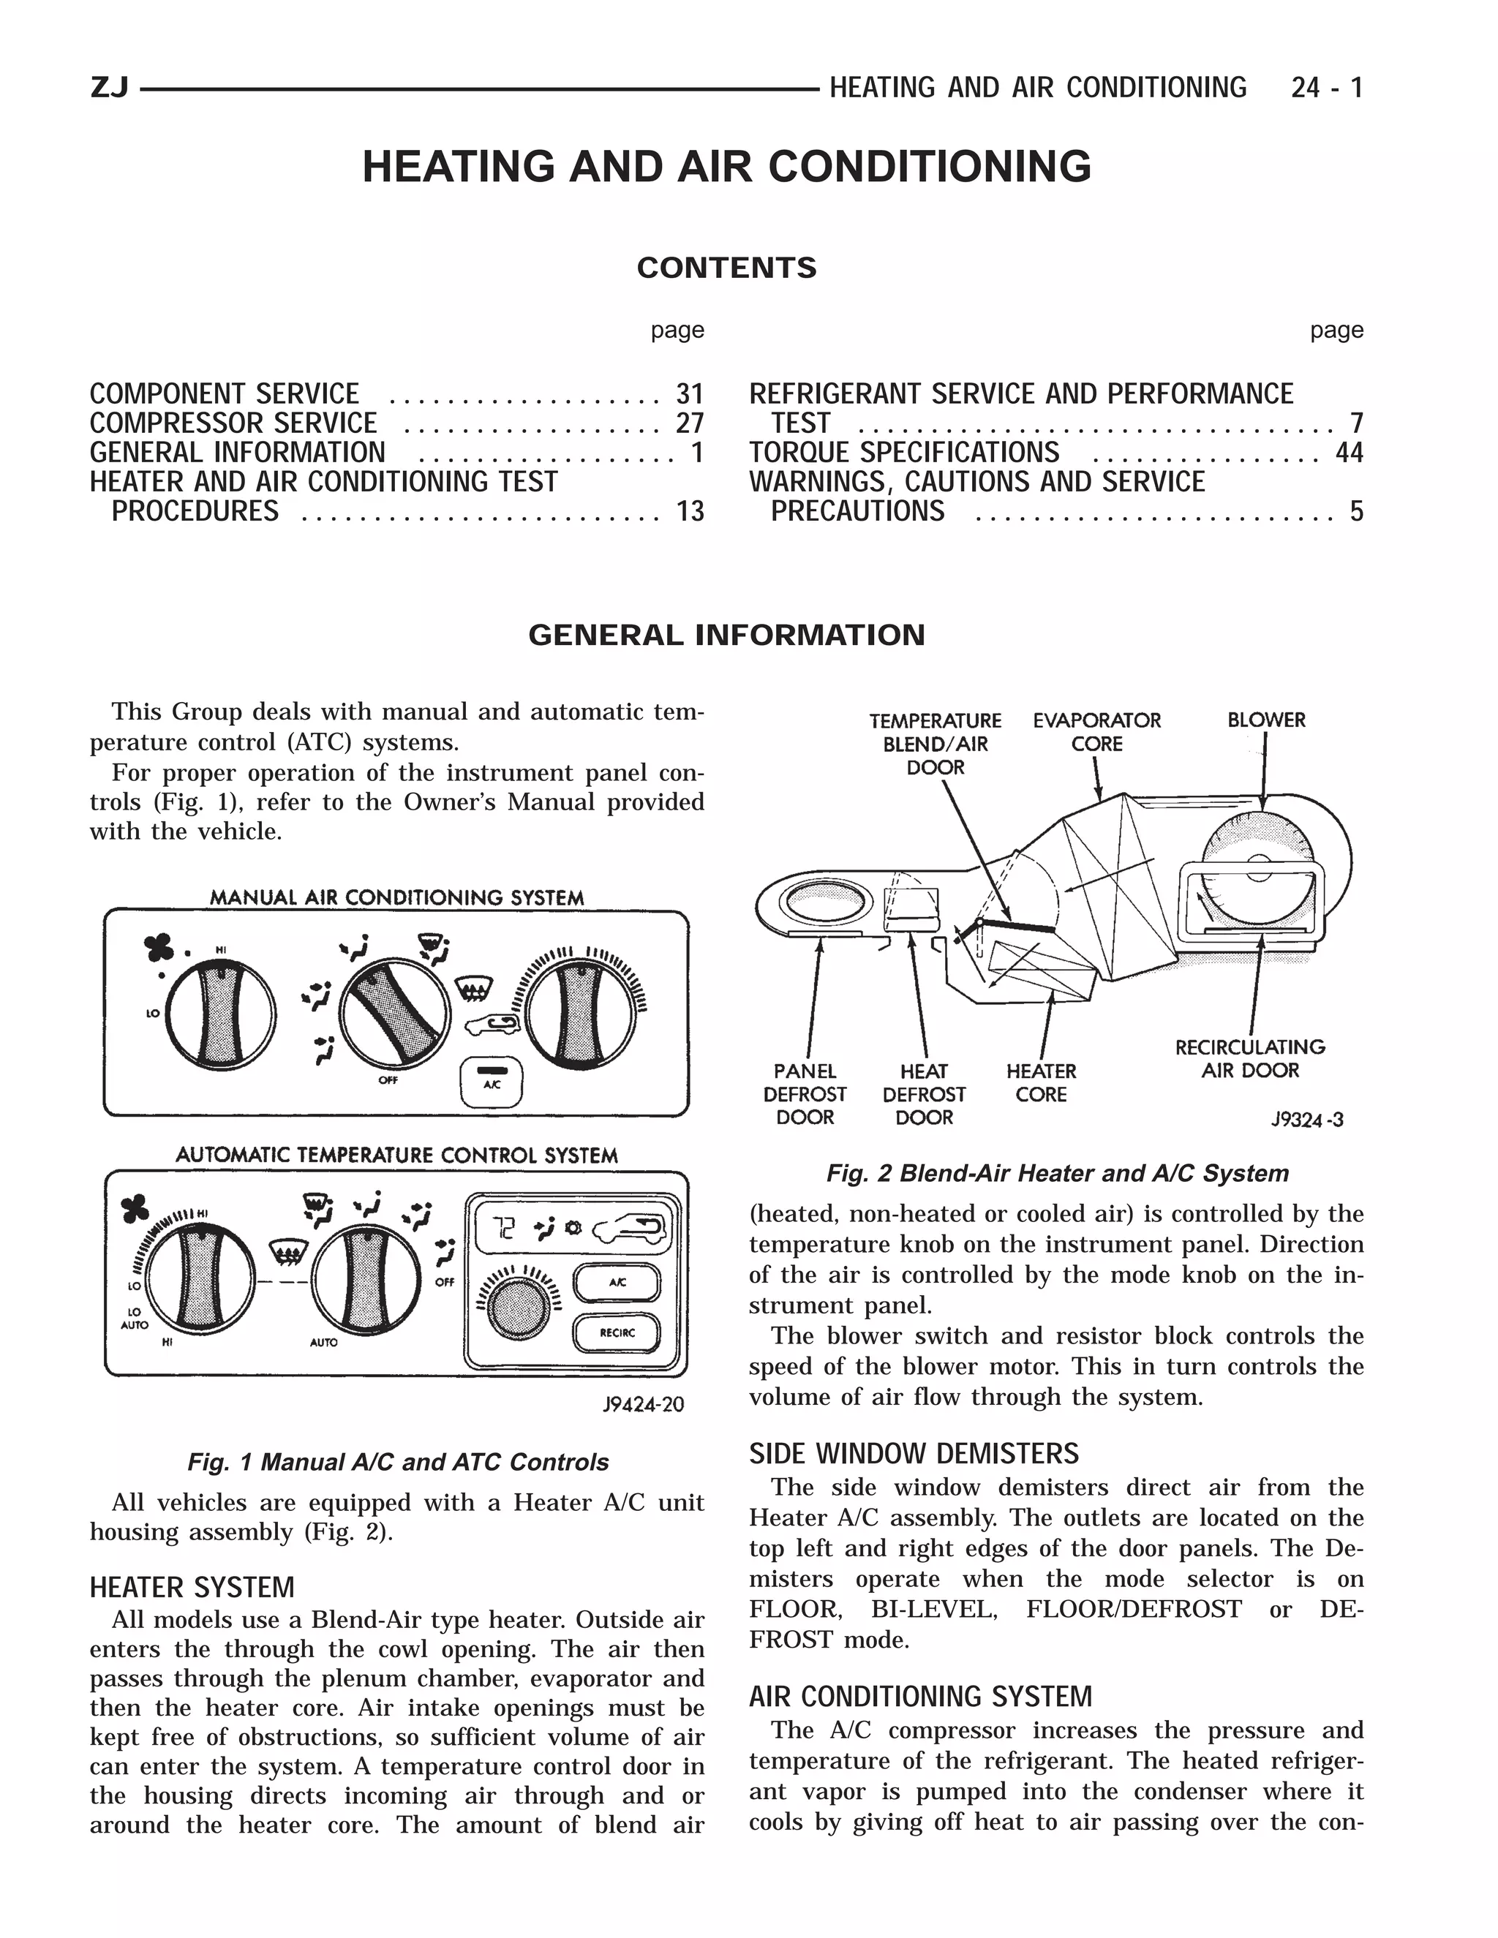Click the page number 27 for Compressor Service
click(690, 423)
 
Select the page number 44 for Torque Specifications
click(1349, 453)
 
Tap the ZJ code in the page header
click(109, 88)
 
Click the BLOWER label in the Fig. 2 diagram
click(1266, 720)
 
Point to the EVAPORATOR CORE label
click(1097, 732)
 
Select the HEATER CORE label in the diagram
click(1041, 1082)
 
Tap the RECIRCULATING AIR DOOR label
click(1249, 1059)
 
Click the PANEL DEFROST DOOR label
click(805, 1094)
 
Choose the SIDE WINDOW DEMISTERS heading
click(913, 1454)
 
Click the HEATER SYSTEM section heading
click(192, 1587)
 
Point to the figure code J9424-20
click(644, 1405)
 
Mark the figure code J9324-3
click(1307, 1120)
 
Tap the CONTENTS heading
click(726, 268)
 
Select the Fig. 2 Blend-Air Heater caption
click(1057, 1173)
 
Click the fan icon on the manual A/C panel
click(159, 949)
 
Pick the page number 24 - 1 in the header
click(1327, 88)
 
